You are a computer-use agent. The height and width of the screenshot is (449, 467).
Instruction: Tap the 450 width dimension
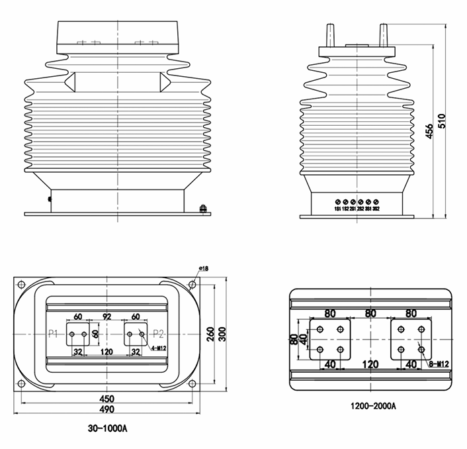[107, 399]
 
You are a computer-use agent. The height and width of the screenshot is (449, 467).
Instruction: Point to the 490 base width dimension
[107, 411]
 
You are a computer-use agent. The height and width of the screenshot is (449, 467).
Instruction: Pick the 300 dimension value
[223, 334]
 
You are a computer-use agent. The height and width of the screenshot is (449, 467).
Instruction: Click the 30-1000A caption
[107, 428]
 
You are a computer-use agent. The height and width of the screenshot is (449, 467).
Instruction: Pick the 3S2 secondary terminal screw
[376, 201]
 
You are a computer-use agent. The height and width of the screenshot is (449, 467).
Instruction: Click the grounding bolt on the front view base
[202, 210]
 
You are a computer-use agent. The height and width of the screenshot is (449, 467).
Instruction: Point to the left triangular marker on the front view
[70, 81]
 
